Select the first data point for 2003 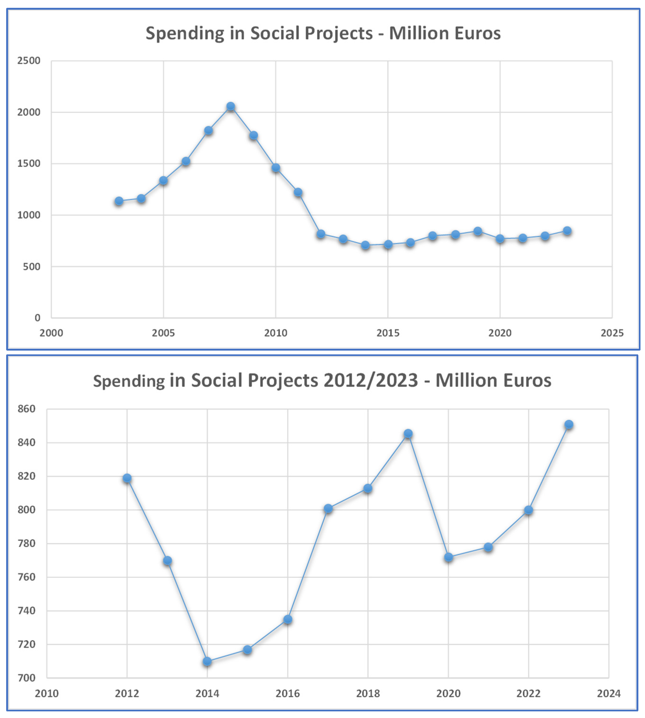119,201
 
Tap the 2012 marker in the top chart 321,234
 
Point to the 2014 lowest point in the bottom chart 207,661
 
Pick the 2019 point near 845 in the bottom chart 408,434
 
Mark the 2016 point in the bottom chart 288,619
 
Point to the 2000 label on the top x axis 51,333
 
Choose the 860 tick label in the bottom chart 27,409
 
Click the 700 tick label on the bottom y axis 27,678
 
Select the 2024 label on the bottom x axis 609,693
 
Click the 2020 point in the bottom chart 448,557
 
